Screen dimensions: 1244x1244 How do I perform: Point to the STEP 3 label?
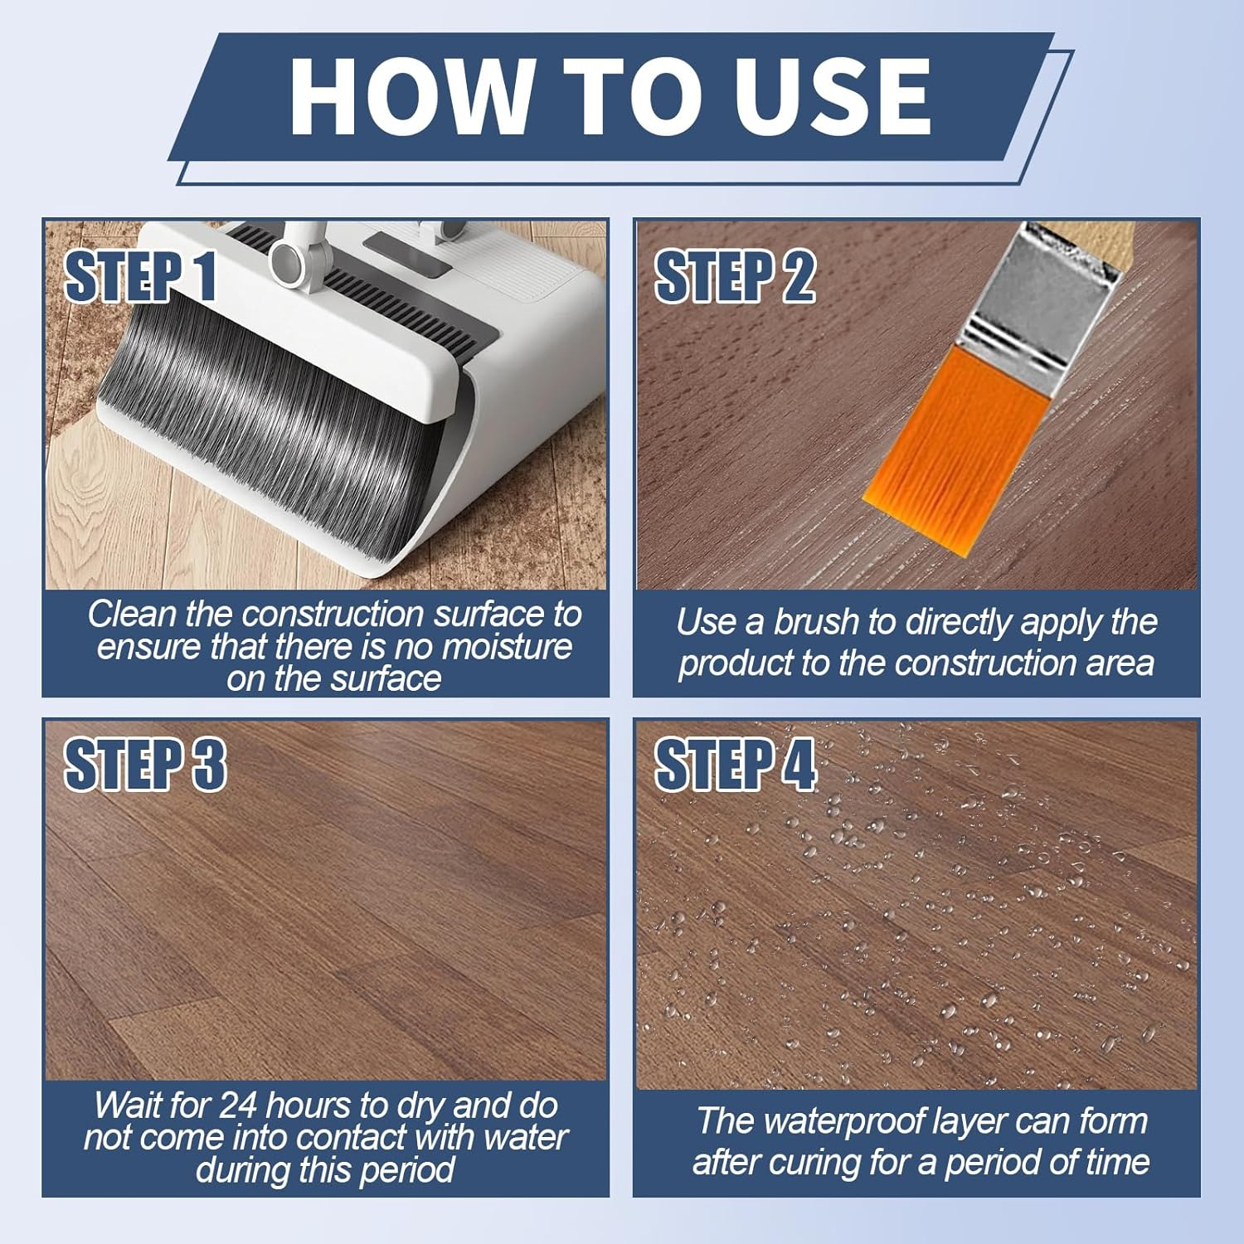[x=144, y=764]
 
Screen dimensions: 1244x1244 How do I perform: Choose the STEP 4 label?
[x=735, y=764]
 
